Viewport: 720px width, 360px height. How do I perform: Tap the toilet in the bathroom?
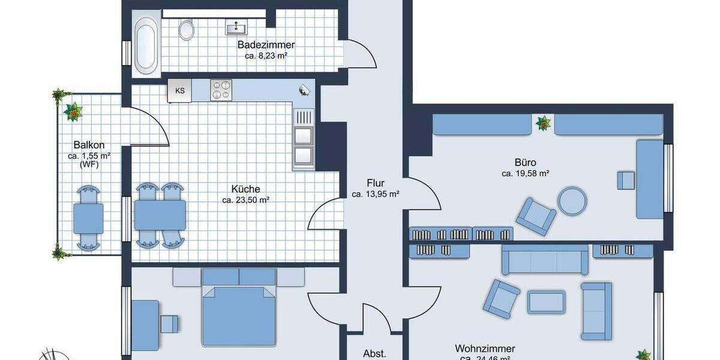pos(187,29)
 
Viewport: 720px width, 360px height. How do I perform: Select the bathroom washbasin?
pos(236,28)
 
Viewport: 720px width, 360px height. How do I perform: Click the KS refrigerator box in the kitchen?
pos(179,91)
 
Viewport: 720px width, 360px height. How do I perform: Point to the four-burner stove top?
pos(221,90)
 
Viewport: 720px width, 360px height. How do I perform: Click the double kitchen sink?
pos(303,138)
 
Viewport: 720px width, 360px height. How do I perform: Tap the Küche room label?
pos(245,189)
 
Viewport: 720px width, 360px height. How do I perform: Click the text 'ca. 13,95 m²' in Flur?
pos(376,194)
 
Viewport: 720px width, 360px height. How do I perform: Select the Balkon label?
pos(89,145)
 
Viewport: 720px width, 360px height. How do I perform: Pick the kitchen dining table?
pos(160,215)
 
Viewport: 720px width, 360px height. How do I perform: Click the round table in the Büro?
pos(572,201)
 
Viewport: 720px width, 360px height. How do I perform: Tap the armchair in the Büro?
pos(535,215)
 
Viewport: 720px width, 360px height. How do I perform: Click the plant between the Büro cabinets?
pos(543,124)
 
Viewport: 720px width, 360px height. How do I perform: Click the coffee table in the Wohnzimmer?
pos(546,301)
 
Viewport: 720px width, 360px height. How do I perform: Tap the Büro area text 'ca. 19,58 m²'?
pos(526,173)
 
